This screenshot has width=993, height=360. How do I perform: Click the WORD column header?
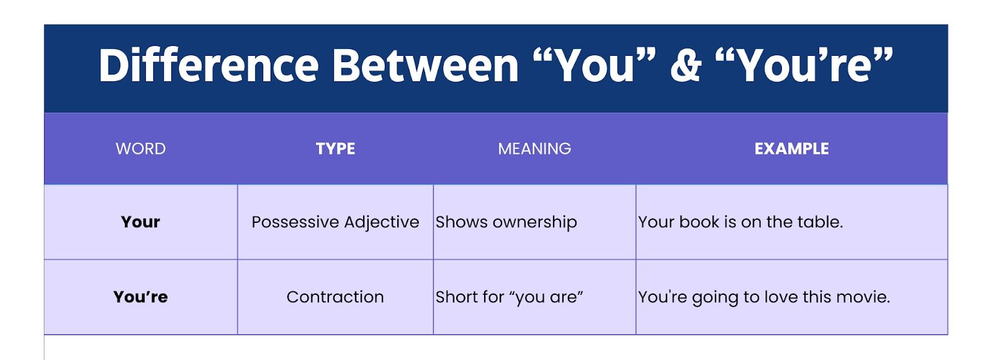click(140, 148)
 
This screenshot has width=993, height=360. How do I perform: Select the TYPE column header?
click(335, 148)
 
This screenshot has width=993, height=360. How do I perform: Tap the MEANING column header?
click(534, 148)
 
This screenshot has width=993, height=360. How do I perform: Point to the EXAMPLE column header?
click(791, 148)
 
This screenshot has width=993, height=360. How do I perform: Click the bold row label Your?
click(140, 222)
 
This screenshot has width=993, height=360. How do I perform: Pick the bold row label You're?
click(140, 297)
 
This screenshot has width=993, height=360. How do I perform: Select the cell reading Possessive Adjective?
click(335, 222)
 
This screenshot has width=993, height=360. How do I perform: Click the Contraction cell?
click(335, 297)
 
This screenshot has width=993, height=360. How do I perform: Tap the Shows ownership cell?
click(506, 222)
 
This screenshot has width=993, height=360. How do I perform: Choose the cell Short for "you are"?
click(509, 297)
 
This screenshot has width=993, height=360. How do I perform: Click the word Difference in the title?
click(209, 65)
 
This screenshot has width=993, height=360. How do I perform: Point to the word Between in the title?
click(425, 65)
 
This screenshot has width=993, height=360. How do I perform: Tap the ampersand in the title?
click(686, 65)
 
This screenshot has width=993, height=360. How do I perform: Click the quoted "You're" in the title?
click(804, 65)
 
